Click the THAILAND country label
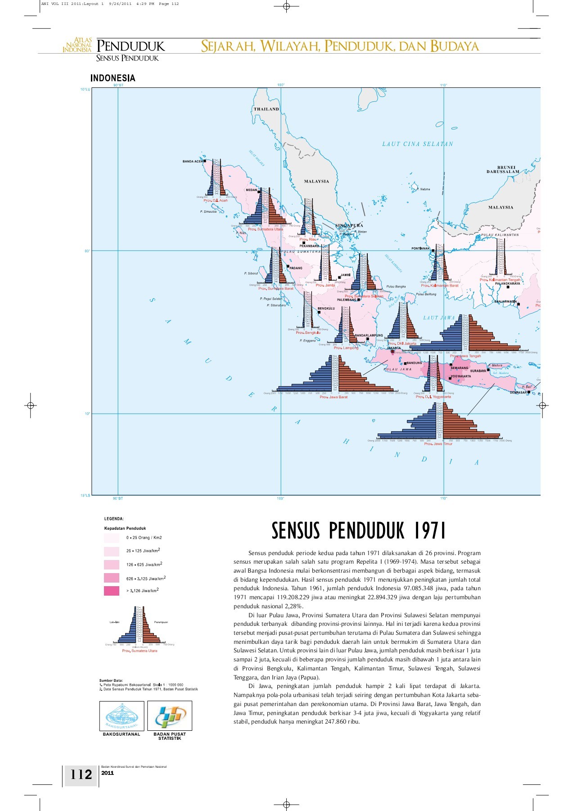(x=266, y=109)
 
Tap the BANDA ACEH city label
(x=193, y=161)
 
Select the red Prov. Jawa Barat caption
(x=334, y=397)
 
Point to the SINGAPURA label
(x=349, y=225)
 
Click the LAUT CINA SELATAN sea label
(x=417, y=144)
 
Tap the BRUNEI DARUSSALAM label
(x=503, y=169)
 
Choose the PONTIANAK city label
(x=420, y=249)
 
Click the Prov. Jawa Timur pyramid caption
(x=438, y=444)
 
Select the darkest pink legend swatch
(x=112, y=591)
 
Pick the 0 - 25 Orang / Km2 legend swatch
(x=112, y=538)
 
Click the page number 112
(x=81, y=775)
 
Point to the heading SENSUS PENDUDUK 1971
(x=358, y=531)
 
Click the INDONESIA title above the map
(x=113, y=78)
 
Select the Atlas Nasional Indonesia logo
(x=77, y=45)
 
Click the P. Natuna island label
(x=423, y=189)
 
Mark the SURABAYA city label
(x=478, y=371)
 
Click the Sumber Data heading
(x=111, y=680)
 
